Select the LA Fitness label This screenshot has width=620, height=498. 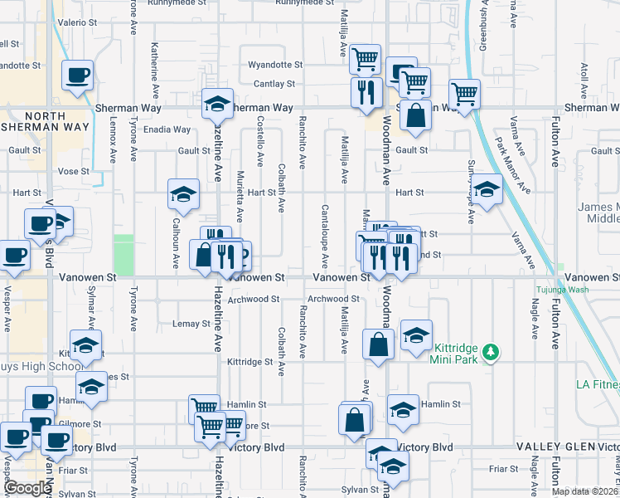[598, 384]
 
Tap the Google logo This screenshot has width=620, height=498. [27, 488]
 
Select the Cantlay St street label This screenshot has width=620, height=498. [274, 84]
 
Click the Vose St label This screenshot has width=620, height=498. [73, 171]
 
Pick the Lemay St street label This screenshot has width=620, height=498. [191, 324]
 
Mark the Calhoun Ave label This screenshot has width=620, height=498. [176, 245]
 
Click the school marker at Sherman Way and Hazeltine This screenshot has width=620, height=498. [217, 104]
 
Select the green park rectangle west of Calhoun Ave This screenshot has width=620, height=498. [124, 255]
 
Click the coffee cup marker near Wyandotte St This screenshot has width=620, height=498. [78, 76]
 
